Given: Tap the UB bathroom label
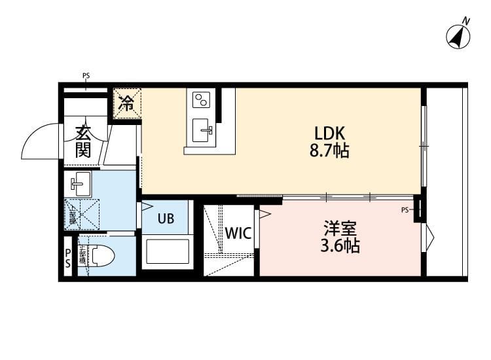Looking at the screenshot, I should point(165,219).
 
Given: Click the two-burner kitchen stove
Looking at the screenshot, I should point(200,99).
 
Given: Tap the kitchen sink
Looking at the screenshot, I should point(201,129).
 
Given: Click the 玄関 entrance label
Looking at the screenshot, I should point(82,141).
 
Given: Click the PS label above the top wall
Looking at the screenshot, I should point(86,76).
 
